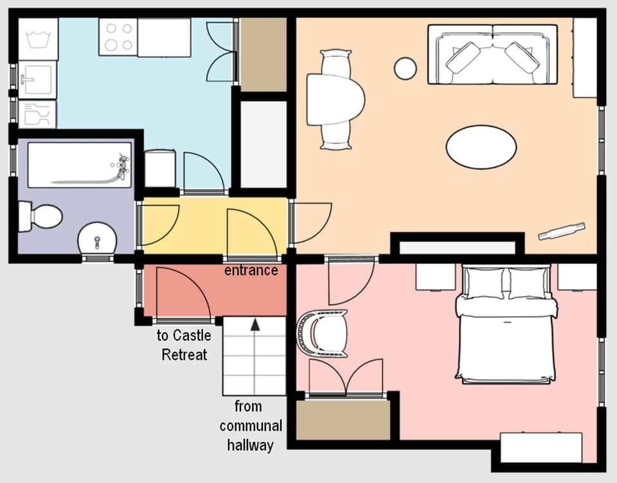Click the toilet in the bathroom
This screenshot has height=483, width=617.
[40, 216]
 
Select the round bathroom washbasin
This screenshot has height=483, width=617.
[97, 239]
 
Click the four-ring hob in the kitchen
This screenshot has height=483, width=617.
[118, 36]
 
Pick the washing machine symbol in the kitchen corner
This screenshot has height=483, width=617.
[37, 39]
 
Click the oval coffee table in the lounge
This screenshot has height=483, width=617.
[481, 147]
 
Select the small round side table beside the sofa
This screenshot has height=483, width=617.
[405, 69]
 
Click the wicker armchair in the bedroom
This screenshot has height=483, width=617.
[323, 333]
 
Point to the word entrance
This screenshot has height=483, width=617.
[251, 270]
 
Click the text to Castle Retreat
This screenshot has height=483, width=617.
[184, 345]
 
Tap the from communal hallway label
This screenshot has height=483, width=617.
[250, 425]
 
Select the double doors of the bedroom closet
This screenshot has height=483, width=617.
[346, 378]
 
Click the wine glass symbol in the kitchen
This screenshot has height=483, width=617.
[37, 114]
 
